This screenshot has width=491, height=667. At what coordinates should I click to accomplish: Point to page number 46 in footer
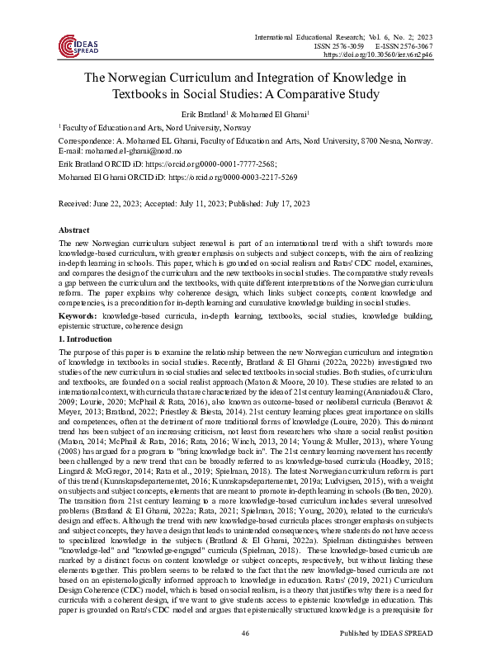click(x=245, y=655)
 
